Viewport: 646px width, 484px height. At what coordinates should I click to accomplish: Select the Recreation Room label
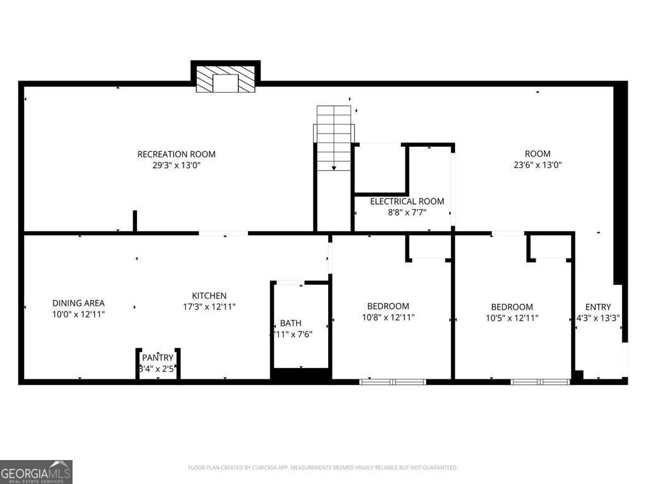coord(177,154)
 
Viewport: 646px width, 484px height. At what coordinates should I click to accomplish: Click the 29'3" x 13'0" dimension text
coord(177,165)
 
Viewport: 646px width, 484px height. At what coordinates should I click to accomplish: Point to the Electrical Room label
coord(407,202)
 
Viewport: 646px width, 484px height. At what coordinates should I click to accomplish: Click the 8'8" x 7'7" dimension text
coord(407,212)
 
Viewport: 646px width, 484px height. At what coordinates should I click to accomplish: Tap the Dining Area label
coord(78,303)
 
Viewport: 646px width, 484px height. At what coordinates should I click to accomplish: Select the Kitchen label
coord(209,296)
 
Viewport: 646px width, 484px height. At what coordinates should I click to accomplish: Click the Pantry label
coord(157,358)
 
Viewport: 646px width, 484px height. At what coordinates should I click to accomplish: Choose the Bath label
coord(291,323)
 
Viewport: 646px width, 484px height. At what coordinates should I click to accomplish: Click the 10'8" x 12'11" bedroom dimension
coord(388,318)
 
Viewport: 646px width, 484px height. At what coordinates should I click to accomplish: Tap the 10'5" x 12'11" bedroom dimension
coord(512,318)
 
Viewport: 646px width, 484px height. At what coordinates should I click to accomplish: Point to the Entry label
coord(598,308)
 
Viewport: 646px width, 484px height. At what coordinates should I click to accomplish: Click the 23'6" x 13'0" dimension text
coord(537,165)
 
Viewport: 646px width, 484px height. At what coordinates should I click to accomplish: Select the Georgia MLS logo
coord(36,471)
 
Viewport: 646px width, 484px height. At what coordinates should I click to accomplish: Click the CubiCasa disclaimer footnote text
coord(322,468)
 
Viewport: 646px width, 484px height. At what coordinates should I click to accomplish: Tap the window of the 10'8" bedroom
coord(392,381)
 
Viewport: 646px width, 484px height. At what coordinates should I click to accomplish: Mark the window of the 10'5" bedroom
coord(540,381)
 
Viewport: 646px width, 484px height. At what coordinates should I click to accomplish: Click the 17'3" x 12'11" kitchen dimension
coord(209,307)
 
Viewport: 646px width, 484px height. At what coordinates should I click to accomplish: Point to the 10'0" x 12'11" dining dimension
coord(78,314)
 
